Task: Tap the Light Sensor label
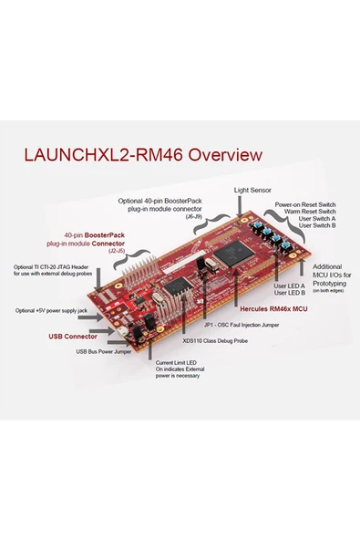pos(252,190)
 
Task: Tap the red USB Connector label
pos(73,336)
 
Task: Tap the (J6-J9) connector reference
pos(194,217)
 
